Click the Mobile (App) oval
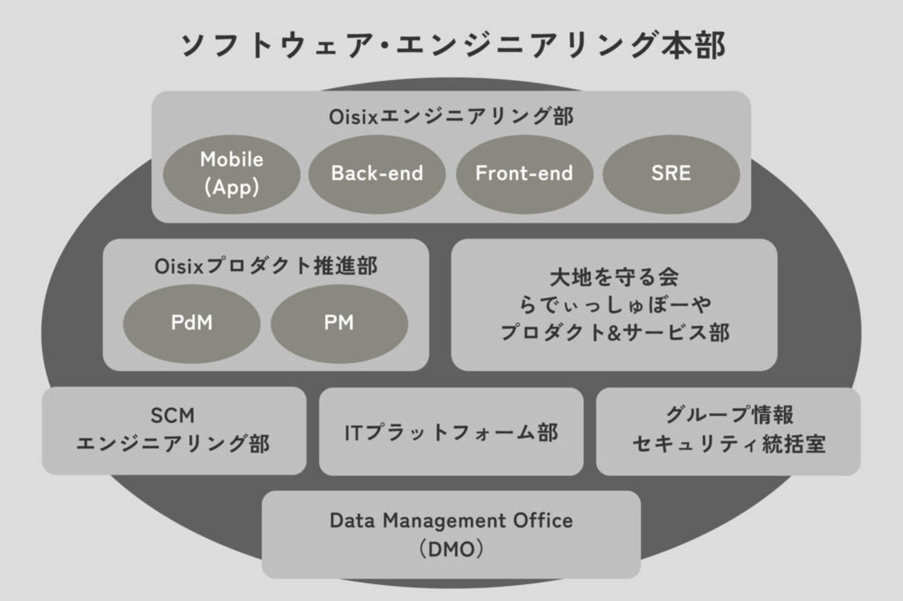tap(231, 174)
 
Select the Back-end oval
tap(377, 174)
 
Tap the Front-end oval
tap(524, 174)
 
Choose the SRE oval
tap(671, 174)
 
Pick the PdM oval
tap(191, 323)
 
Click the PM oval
tap(339, 323)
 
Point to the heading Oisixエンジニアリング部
tap(451, 117)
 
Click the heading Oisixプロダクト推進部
tap(266, 266)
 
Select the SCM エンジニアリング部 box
tap(174, 431)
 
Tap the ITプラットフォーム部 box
tap(451, 432)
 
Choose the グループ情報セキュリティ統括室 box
tap(728, 431)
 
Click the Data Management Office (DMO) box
tap(451, 535)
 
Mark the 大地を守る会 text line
tap(614, 276)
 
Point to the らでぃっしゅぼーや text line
tap(614, 305)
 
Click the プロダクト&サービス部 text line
tap(614, 332)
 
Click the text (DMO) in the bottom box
tap(451, 550)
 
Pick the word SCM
tap(172, 415)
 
